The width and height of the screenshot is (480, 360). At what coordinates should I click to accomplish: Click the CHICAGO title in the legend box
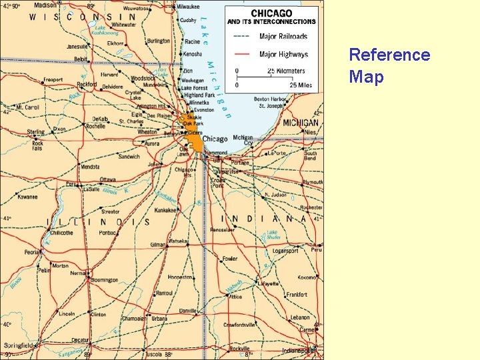point(271,13)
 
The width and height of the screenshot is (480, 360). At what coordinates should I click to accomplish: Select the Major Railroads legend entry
point(283,36)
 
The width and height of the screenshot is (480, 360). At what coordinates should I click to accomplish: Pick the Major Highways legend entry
point(283,54)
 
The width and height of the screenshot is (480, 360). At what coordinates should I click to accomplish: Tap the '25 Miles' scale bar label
point(301,85)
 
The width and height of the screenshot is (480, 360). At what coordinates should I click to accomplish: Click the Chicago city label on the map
point(215,139)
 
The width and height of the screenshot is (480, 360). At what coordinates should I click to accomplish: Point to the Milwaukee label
point(188,7)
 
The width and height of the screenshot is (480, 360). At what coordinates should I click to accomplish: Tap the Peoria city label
point(32,252)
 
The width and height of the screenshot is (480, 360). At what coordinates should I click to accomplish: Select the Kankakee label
point(166,210)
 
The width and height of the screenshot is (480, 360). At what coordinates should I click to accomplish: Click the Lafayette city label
point(269,283)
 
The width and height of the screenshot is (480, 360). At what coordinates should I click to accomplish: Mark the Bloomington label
point(104,281)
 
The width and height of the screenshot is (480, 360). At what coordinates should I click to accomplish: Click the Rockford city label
point(87,85)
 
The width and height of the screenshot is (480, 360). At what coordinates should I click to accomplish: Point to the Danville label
point(188,311)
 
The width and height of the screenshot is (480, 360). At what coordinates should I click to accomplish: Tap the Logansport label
point(285,251)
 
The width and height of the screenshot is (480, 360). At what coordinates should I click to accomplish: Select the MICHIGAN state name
point(301,123)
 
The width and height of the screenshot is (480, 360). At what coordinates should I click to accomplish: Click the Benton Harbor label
point(269,99)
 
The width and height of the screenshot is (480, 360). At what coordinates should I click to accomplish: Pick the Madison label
point(45,5)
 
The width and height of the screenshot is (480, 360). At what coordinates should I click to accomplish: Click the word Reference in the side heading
point(389,55)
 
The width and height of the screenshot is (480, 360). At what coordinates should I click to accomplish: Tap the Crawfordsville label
point(239,325)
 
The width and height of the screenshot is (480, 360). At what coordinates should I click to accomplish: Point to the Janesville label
point(77,47)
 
